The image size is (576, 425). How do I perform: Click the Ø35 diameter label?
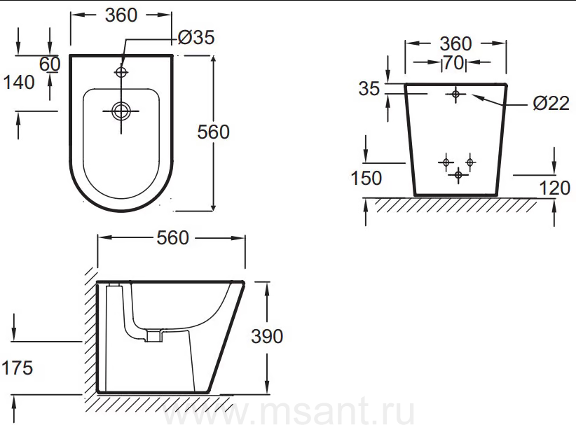pos(196,37)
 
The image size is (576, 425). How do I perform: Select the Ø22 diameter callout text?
pos(551,104)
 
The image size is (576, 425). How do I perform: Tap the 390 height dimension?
pos(267,336)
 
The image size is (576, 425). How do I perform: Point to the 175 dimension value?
pos(18,368)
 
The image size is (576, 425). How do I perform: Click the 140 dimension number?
pos(19,82)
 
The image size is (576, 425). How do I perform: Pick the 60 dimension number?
pos(50,64)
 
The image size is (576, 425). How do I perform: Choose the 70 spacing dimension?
pos(453,63)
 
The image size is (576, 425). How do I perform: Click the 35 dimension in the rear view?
pos(369,89)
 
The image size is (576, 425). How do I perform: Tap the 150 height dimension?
pos(366,179)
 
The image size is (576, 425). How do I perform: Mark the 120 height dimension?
pos(554,188)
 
